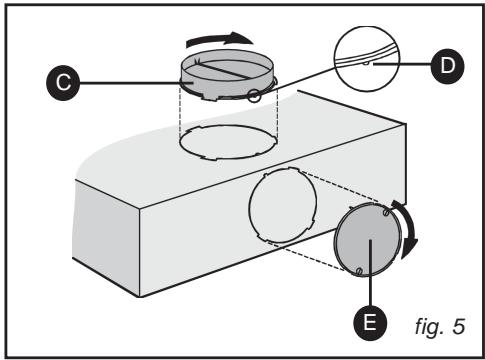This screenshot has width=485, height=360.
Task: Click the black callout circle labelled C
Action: pos(63,83)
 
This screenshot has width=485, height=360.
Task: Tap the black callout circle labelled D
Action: pos(447,66)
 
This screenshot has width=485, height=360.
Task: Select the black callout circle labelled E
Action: pos(370,323)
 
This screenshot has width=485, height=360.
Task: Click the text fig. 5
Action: pos(440,326)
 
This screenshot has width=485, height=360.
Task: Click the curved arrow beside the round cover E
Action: pos(407,230)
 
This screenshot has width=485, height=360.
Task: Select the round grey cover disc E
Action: pos(368,239)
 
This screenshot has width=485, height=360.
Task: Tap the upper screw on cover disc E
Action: pos(386,212)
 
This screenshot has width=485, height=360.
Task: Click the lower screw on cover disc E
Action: pos(359,271)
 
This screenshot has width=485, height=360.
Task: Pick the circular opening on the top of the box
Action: pos(228,143)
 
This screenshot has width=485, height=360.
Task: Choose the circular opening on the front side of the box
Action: pos(283,205)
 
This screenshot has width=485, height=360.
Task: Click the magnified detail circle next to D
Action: pos(367,59)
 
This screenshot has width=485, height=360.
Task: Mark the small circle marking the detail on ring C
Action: pos(254,96)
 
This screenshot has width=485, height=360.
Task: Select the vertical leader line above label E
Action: pos(370,273)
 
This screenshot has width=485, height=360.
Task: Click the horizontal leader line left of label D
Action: pos(402,64)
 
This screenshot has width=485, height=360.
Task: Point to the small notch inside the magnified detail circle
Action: pos(366,63)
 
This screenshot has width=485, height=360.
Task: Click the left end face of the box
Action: pos(105,236)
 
